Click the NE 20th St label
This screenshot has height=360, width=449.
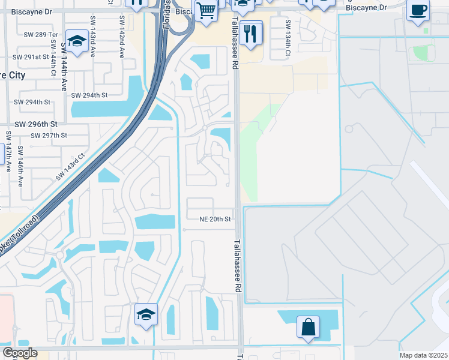(x=215, y=220)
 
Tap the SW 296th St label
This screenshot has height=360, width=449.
(x=35, y=124)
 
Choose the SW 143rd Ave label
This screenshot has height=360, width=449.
(x=93, y=37)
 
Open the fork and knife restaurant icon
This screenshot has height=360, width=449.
(x=250, y=32)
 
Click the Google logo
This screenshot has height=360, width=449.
(x=20, y=353)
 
